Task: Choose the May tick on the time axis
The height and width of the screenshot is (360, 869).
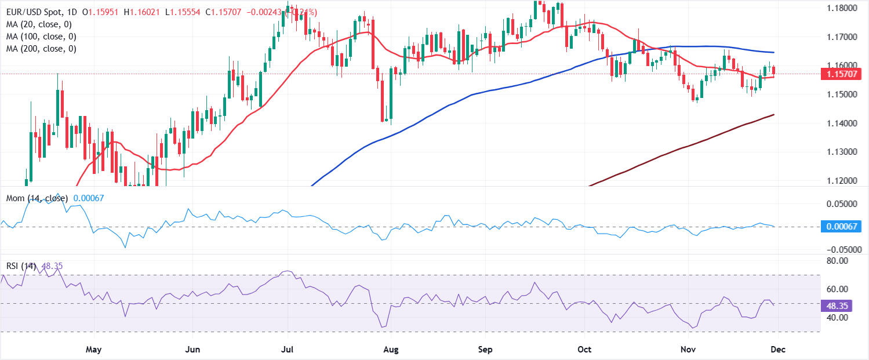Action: click(x=93, y=350)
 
